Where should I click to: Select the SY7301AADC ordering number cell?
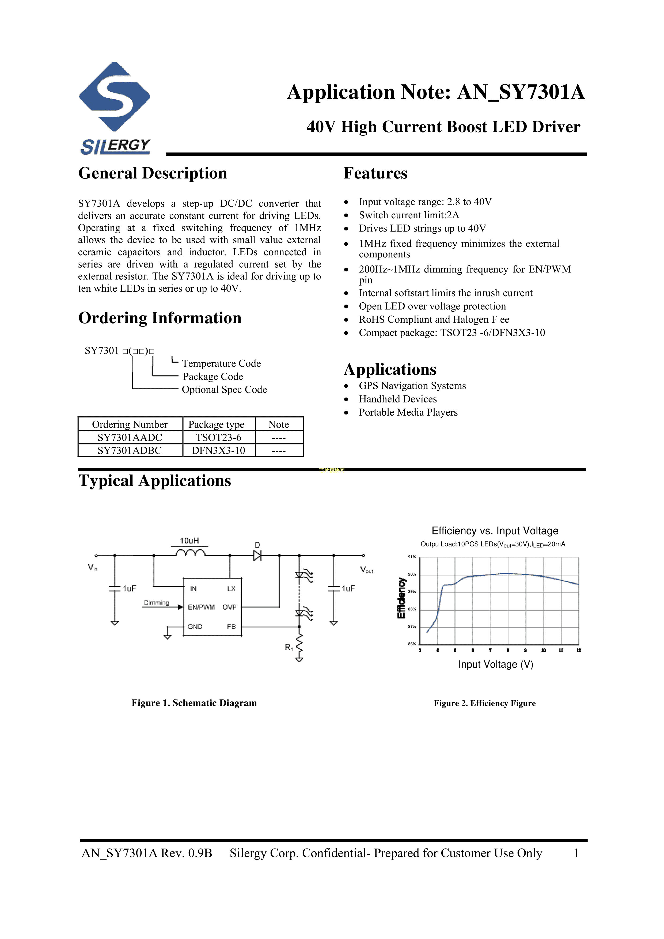point(130,438)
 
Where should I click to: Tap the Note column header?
point(279,424)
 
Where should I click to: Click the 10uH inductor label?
point(189,541)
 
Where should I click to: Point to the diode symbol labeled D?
point(257,555)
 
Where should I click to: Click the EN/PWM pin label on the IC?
point(201,607)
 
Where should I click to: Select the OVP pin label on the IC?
point(230,607)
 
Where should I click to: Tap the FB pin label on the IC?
point(231,626)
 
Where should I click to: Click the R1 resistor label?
point(289,647)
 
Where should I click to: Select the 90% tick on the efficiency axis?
point(412,575)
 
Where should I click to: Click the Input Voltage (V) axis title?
point(495,665)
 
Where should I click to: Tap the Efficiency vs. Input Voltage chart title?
point(495,531)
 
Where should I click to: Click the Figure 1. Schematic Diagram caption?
point(194,703)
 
